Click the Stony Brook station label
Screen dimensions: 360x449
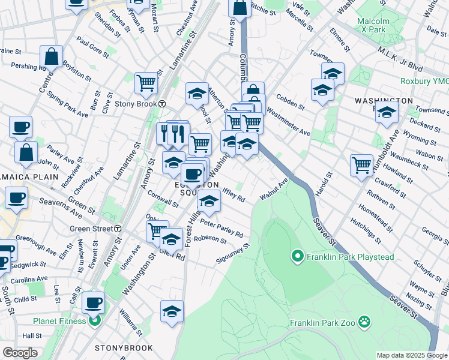(136, 103)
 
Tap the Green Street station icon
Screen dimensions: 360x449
(119, 229)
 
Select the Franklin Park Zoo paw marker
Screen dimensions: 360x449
(364, 322)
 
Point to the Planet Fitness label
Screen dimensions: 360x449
(60, 321)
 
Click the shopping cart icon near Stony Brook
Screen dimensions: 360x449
(146, 83)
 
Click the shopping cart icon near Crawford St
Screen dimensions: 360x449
(361, 164)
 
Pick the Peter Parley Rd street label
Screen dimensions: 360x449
(221, 229)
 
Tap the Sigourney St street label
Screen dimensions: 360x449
(233, 255)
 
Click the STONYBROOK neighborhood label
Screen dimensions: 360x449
(124, 348)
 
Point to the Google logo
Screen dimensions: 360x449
(20, 353)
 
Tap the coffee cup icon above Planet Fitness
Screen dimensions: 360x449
(93, 302)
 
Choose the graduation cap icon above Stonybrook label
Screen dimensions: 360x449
(172, 311)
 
